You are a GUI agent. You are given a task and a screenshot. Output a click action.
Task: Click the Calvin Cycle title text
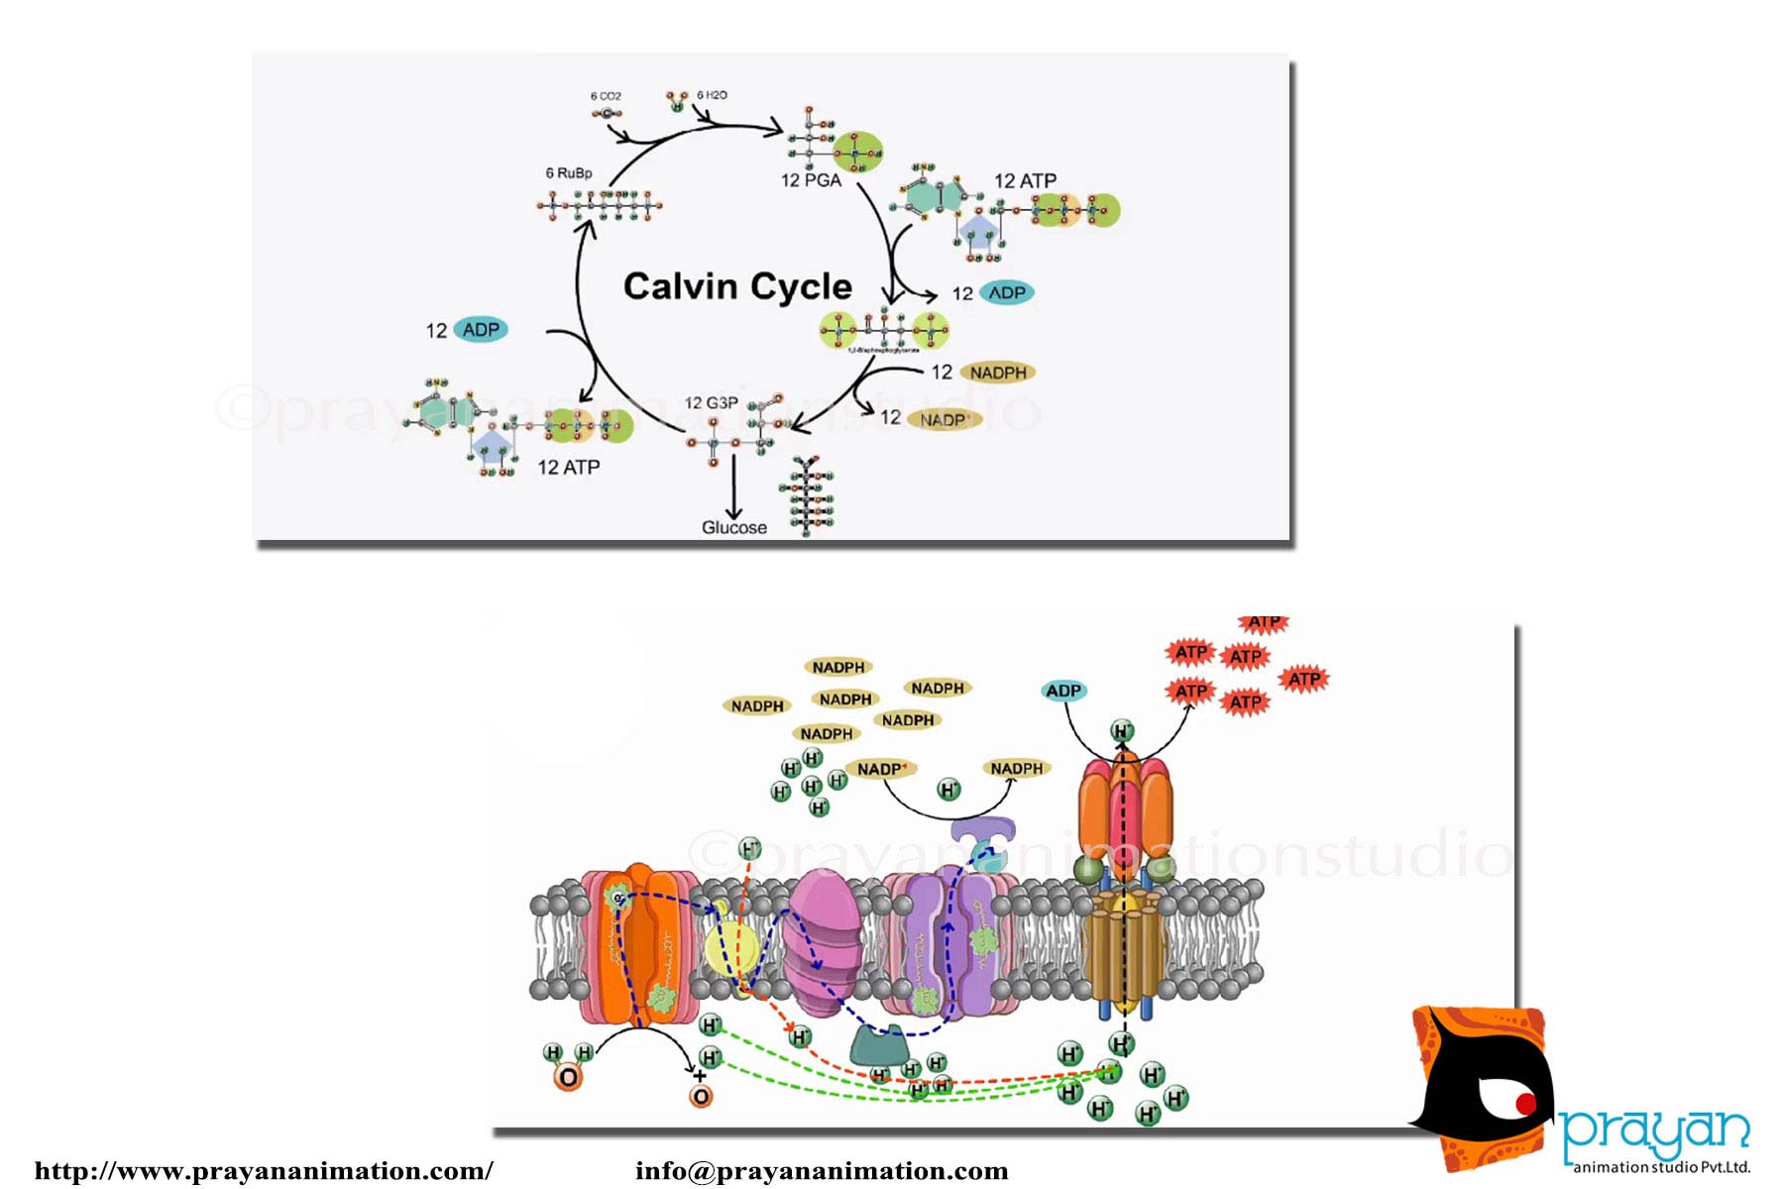(737, 286)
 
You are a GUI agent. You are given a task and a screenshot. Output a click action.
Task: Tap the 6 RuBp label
(569, 172)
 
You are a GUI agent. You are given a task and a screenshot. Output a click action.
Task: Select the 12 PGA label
(811, 180)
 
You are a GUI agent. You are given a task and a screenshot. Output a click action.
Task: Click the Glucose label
(734, 528)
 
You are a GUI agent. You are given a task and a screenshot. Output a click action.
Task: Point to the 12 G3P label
(711, 403)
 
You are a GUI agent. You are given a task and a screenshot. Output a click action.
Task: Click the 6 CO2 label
(606, 96)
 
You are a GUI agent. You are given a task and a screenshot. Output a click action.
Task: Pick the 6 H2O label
(712, 95)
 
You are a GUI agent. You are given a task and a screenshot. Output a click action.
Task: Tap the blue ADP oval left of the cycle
(481, 330)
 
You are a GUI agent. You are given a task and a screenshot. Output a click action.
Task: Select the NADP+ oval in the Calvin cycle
(944, 420)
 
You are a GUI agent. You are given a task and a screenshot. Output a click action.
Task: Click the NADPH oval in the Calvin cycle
(998, 373)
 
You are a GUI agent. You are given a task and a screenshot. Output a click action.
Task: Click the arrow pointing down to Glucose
(734, 486)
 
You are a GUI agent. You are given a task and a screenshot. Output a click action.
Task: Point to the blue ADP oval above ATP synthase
(1063, 691)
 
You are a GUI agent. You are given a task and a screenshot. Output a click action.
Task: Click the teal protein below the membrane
(880, 1044)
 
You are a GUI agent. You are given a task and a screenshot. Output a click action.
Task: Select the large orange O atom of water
(568, 1078)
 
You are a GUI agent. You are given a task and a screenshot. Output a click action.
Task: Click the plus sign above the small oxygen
(700, 1076)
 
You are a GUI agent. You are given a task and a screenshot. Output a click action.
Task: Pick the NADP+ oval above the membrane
(880, 769)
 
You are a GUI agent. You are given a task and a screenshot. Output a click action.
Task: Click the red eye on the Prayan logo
(1524, 1103)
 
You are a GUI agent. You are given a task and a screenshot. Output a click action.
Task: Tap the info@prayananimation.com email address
(822, 1171)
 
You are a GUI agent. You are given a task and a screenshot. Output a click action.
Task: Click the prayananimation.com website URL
(264, 1171)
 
